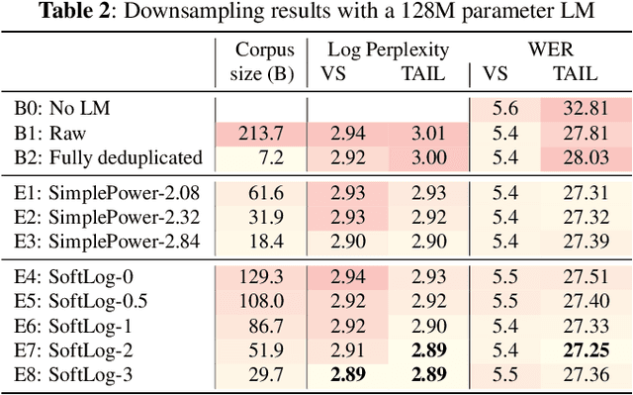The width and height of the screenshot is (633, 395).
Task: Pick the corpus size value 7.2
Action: tap(272, 157)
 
